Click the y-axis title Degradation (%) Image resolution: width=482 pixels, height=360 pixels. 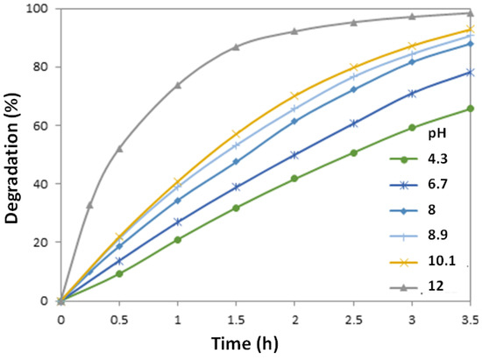pos(14,153)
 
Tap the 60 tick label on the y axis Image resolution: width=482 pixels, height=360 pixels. pos(40,125)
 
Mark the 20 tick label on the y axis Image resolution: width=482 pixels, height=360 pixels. pos(40,243)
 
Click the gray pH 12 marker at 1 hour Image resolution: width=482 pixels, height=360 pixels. pos(178,85)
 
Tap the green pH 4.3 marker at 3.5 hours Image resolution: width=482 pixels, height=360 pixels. pos(471,109)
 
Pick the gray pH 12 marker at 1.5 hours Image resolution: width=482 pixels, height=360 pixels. pos(237,46)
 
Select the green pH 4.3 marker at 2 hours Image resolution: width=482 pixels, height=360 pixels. pos(294,179)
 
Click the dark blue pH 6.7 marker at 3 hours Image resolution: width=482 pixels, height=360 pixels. pos(412,93)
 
